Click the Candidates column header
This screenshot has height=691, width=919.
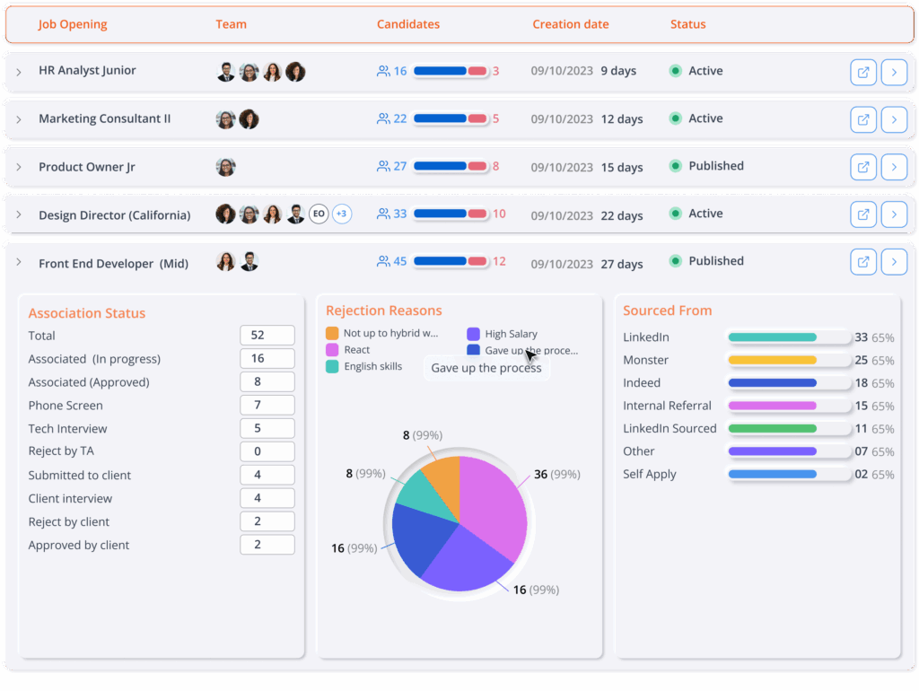(x=407, y=24)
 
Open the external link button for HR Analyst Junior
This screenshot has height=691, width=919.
(x=863, y=72)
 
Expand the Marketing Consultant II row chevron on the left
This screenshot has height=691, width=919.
(x=19, y=119)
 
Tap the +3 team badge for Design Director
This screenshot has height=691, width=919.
(x=342, y=214)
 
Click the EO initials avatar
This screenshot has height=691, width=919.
(x=319, y=214)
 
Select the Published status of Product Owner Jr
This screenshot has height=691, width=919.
(x=715, y=166)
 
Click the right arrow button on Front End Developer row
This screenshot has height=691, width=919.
(x=894, y=262)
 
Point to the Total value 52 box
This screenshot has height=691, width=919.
(x=267, y=336)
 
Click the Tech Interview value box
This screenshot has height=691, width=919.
(x=267, y=429)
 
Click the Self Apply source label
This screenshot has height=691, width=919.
(x=650, y=475)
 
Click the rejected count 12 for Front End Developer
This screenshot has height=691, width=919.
(x=499, y=262)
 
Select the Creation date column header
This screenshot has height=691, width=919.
(x=570, y=24)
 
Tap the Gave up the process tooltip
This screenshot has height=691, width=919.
(x=486, y=368)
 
